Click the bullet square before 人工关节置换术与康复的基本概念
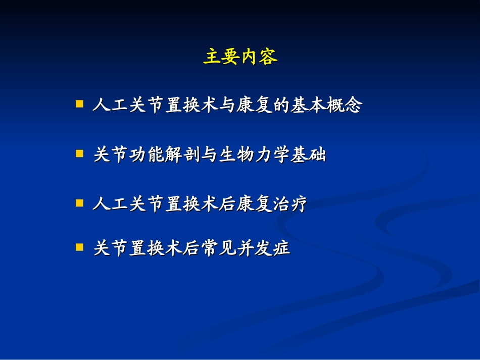(79, 104)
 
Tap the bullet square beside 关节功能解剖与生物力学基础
(79, 153)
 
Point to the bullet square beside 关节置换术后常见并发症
(79, 247)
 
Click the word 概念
(345, 106)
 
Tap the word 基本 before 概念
(308, 106)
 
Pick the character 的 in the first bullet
(281, 106)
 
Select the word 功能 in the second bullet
(147, 155)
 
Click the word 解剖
(183, 155)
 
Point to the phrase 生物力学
(254, 155)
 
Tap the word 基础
(308, 155)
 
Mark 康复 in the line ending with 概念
(254, 106)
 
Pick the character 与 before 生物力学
(210, 155)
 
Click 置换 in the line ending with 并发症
(147, 249)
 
